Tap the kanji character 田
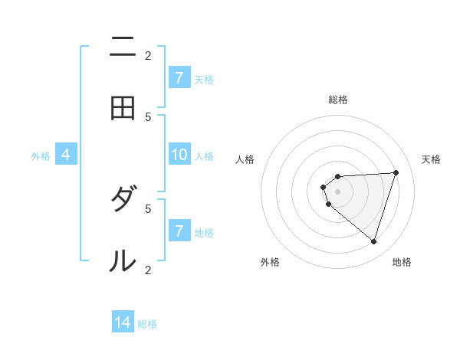pyautogui.click(x=123, y=108)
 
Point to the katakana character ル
pyautogui.click(x=123, y=261)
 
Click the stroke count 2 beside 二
pyautogui.click(x=148, y=55)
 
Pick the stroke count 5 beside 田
pyautogui.click(x=148, y=116)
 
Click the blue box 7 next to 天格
pyautogui.click(x=179, y=77)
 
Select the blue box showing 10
pyautogui.click(x=179, y=155)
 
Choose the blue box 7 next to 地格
pyautogui.click(x=179, y=231)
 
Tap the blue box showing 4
pyautogui.click(x=66, y=155)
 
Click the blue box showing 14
pyautogui.click(x=123, y=322)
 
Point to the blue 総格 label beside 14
pyautogui.click(x=147, y=324)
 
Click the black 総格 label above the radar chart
pyautogui.click(x=338, y=100)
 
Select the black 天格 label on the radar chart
pyautogui.click(x=431, y=159)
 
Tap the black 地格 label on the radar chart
pyautogui.click(x=402, y=263)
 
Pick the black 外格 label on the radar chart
pyautogui.click(x=270, y=263)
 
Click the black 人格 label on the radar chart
pyautogui.click(x=245, y=159)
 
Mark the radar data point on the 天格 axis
pyautogui.click(x=396, y=172)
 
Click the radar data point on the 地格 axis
pyautogui.click(x=373, y=241)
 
